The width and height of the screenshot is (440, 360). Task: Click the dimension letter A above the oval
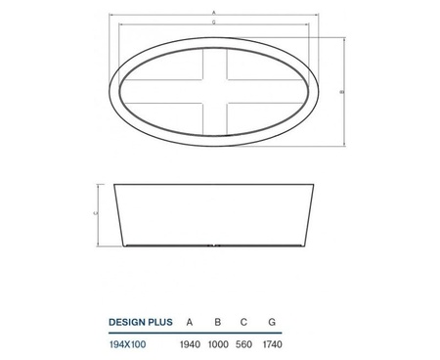(x=213, y=13)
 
